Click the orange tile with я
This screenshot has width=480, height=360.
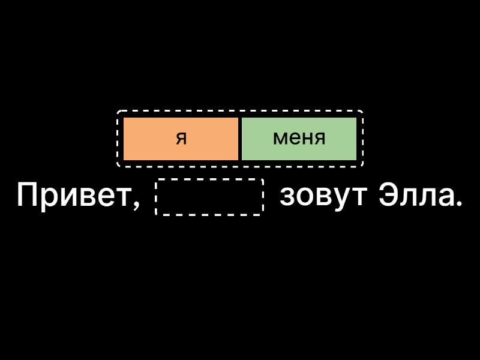coord(181,139)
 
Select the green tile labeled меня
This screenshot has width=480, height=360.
coord(299,139)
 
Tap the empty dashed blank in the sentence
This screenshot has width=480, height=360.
coord(209,197)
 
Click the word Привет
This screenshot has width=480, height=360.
coord(74,196)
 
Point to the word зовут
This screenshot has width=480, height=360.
coord(323,196)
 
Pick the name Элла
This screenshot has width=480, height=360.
coord(416,196)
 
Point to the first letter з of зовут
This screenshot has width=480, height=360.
coord(287,198)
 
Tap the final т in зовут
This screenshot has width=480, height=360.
coord(358,198)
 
